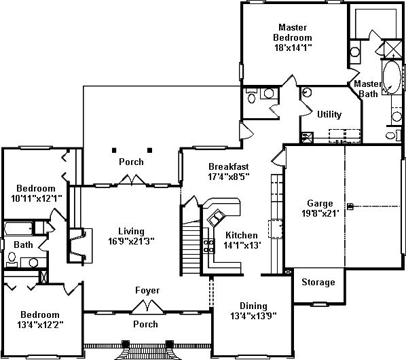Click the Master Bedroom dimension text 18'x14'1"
pos(293,48)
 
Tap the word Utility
pos(329,114)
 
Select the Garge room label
pos(320,204)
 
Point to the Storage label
pos(318,282)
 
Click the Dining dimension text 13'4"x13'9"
pos(253,316)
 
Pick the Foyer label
pos(147,291)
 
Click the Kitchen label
pos(242,235)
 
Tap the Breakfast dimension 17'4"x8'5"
pos(229,177)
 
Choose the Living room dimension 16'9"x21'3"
pos(131,241)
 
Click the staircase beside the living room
pos(191,248)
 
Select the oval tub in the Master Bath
pos(392,77)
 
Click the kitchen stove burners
pos(208,246)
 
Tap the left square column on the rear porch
pos(114,150)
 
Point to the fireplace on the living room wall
pos(78,245)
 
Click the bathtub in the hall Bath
pos(18,229)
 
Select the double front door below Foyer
pos(148,307)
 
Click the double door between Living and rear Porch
pos(132,180)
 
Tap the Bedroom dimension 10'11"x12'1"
pos(37,198)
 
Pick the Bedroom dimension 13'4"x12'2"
pos(40,325)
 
